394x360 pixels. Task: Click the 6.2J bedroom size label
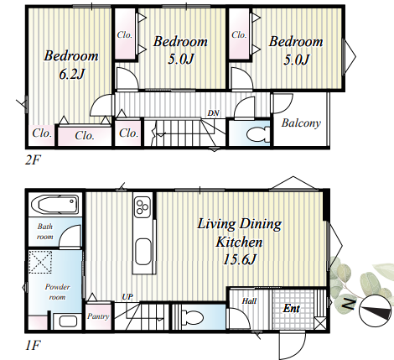pos(72,74)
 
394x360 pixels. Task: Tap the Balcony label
pos(301,123)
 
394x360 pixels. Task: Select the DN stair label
pos(213,113)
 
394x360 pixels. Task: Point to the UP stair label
pos(127,297)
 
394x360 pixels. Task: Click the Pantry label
pos(98,316)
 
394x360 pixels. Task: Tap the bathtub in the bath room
pos(54,205)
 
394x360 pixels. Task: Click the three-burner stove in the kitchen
pos(143,206)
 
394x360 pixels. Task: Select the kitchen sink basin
pos(143,252)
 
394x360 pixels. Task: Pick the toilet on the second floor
pos(258,133)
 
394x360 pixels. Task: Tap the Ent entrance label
pos(291,308)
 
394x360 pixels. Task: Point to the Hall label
pos(249,301)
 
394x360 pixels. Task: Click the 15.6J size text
pos(239,260)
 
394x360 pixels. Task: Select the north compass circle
pos(375,310)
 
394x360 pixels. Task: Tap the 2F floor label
pos(33,160)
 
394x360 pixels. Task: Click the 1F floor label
pos(33,345)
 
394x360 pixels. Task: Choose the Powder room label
pos(57,292)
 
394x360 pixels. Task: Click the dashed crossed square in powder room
pos(40,262)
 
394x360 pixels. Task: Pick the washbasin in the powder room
pos(68,321)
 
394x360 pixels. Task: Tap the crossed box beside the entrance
pos(320,323)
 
